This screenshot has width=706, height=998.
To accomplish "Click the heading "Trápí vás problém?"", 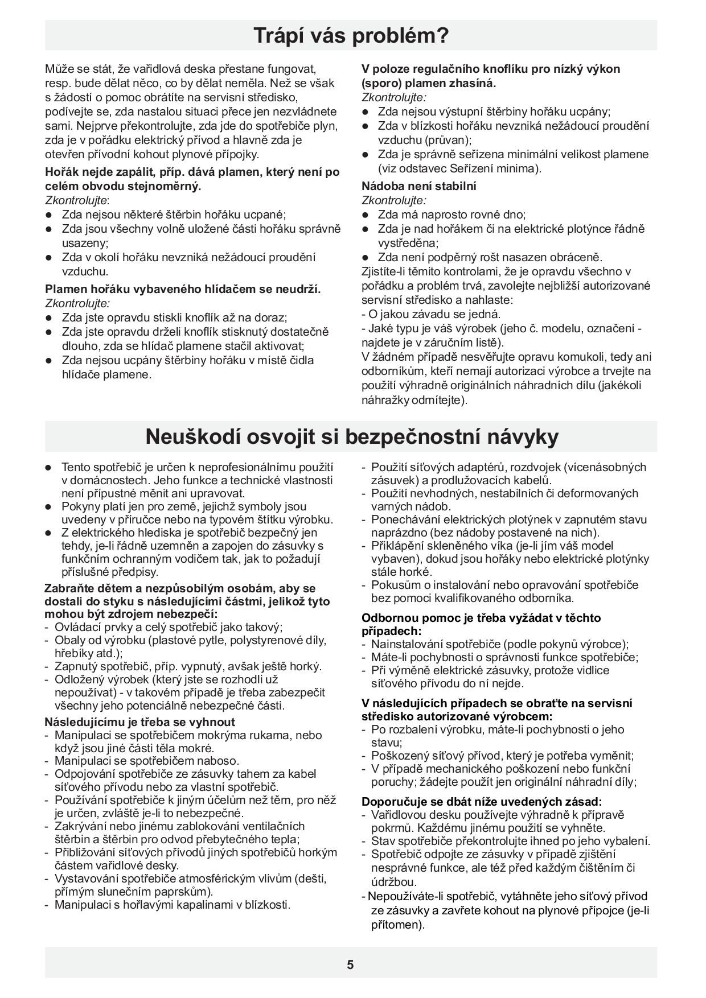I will point(351,36).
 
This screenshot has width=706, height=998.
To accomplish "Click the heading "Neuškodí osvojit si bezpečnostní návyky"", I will point(351,437).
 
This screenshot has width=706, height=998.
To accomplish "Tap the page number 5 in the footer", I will point(350,964).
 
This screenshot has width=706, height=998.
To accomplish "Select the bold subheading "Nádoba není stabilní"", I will point(419,186).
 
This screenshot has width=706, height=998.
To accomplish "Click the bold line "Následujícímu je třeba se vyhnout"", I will point(140,722).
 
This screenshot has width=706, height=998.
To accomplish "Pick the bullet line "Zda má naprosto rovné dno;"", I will point(451,215).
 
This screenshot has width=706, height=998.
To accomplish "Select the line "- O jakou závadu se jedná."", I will point(431,314).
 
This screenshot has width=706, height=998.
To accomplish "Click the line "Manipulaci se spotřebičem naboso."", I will point(147,761).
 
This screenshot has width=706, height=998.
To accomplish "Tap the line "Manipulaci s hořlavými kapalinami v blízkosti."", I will point(172,905).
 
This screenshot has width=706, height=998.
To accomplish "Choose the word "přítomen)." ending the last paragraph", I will point(398,925).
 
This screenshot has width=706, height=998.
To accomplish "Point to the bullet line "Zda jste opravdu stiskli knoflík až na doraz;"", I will point(174,317).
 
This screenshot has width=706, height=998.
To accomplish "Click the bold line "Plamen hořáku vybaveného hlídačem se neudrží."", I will point(183,289).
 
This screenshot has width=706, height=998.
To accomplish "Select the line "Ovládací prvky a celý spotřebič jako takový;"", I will point(169,628).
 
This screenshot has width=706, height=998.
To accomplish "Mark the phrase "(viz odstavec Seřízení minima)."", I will point(460,168).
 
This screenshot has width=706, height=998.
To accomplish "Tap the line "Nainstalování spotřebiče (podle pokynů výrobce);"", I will point(500,644).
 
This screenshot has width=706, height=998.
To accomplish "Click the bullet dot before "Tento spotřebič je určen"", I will point(49,467).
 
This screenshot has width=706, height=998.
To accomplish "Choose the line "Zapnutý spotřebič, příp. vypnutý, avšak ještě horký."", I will point(188,666).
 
